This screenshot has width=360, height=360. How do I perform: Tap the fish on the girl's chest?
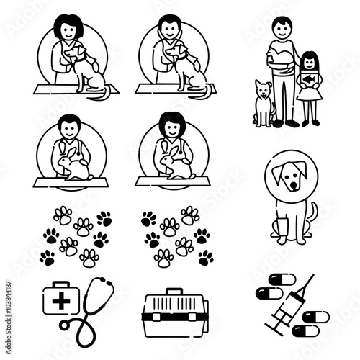pos(309,78)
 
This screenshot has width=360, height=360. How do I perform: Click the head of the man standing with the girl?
pos(283,30)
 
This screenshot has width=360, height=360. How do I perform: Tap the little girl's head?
pos(310,60)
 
